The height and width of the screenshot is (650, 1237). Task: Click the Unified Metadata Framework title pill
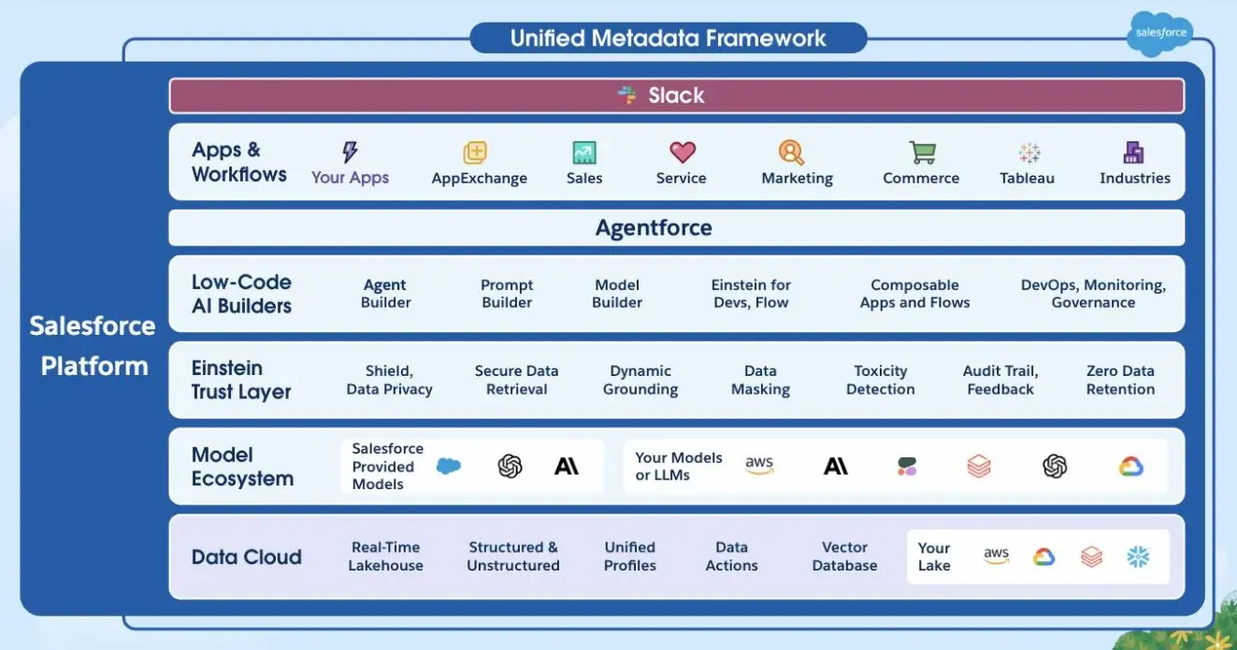tap(668, 38)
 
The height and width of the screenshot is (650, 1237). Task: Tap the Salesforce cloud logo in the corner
tap(1160, 34)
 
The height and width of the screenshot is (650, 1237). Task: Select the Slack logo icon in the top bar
tap(627, 94)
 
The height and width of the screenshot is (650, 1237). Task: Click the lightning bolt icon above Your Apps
tap(350, 152)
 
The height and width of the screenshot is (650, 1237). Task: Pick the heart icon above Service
tap(683, 152)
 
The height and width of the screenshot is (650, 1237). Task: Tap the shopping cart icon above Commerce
tap(922, 152)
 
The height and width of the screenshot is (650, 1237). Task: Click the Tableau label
tap(1027, 178)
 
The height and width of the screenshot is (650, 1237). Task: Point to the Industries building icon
tap(1134, 152)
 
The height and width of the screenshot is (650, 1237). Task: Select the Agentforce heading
tap(654, 227)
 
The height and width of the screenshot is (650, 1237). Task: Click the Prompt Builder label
tap(507, 294)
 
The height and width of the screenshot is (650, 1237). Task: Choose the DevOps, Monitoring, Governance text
tap(1093, 294)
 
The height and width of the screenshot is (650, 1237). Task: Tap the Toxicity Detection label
tap(880, 380)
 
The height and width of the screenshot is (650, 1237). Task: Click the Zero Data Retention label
tap(1120, 380)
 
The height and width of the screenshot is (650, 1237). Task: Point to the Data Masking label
tap(760, 380)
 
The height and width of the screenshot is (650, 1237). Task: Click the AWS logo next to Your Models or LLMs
tap(759, 465)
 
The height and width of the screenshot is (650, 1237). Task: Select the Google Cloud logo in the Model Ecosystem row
tap(1131, 466)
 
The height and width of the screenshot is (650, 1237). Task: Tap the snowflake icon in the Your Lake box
tap(1138, 557)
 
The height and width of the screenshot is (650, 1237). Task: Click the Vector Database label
tap(844, 556)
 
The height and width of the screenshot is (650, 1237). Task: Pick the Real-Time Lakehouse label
tap(385, 556)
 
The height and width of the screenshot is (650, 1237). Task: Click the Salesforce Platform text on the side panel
tap(93, 345)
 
